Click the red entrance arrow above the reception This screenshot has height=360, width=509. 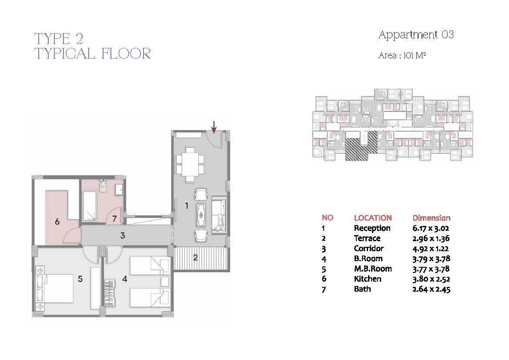click(x=214, y=127)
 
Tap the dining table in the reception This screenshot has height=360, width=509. click(x=190, y=165)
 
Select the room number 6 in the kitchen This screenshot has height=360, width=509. click(x=57, y=222)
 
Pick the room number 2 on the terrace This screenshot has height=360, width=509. click(x=195, y=258)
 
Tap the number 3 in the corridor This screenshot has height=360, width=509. click(x=122, y=236)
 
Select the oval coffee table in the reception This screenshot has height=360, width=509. click(x=201, y=215)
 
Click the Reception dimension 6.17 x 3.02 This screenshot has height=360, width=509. click(x=430, y=228)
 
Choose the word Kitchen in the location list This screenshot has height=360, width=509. click(x=368, y=279)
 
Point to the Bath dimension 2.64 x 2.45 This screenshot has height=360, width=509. click(x=431, y=289)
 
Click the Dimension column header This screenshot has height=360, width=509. click(x=432, y=218)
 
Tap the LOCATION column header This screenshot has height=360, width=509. click(x=373, y=218)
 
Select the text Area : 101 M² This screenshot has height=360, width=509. click(x=402, y=56)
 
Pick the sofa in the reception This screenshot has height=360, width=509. click(x=219, y=214)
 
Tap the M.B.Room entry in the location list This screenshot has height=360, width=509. click(x=373, y=269)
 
